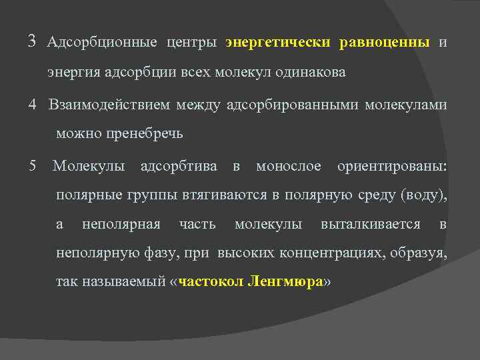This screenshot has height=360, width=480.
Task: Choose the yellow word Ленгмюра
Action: (x=285, y=282)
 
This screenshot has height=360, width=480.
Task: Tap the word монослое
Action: (x=289, y=165)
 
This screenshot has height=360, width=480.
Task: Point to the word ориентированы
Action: (x=392, y=165)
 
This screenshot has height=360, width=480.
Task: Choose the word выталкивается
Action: (x=371, y=225)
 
